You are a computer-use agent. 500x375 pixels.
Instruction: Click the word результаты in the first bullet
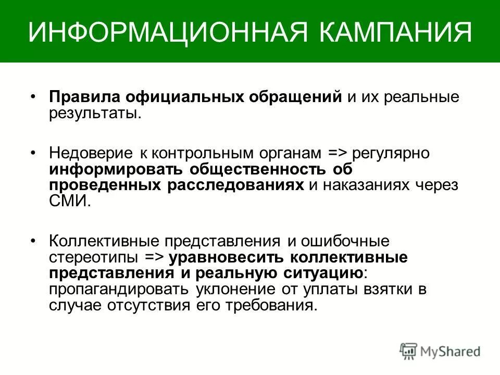[94, 113]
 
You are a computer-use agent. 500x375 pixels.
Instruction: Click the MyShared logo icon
[409, 351]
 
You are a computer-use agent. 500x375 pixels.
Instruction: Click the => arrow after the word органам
[339, 154]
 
